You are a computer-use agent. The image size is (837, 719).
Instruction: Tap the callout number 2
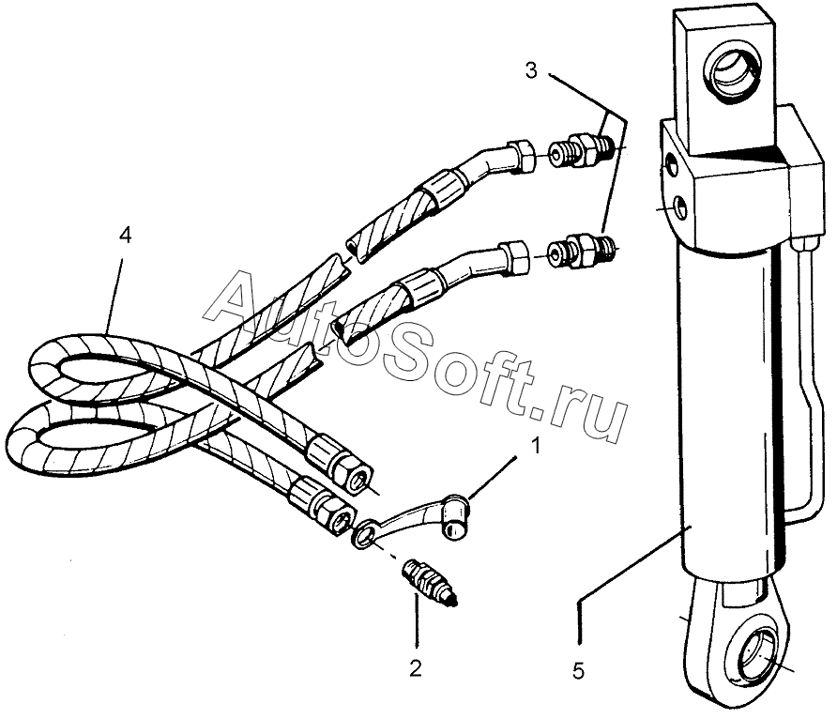point(415,667)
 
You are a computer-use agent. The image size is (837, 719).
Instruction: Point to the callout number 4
point(125,235)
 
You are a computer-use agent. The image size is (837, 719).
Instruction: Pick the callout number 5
point(579,670)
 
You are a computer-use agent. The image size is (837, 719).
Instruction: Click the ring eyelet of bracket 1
point(363,537)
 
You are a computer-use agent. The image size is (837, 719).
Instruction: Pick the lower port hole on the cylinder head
point(677,207)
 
